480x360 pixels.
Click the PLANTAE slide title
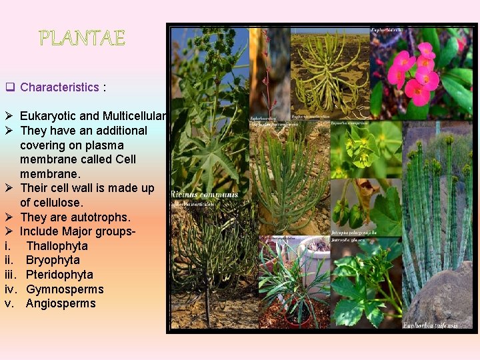click(x=82, y=38)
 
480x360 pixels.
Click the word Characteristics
click(x=59, y=87)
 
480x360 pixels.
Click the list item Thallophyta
click(x=57, y=246)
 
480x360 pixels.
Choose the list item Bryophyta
click(x=53, y=260)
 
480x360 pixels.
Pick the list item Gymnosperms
click(x=65, y=289)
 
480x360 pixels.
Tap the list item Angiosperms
click(x=61, y=303)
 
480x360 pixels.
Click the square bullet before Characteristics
click(x=10, y=87)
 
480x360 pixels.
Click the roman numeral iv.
click(x=11, y=289)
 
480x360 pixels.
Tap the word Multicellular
click(x=135, y=117)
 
